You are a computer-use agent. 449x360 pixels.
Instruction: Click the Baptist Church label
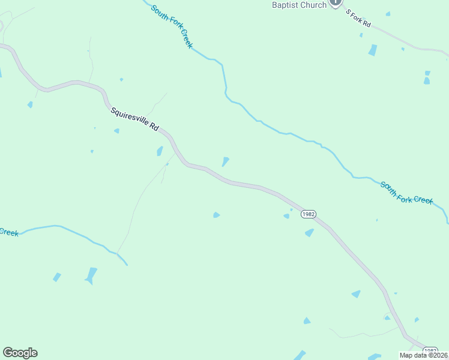coord(299,5)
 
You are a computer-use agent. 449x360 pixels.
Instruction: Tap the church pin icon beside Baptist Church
coord(336,2)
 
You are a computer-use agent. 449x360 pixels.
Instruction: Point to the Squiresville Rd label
coord(134,119)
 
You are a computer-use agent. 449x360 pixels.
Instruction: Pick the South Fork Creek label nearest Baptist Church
coord(172,26)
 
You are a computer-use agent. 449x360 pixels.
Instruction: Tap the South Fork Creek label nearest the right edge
coord(406,192)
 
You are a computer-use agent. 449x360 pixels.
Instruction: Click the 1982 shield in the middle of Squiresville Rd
coord(309,214)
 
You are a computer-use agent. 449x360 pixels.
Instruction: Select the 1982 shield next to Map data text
coord(430,350)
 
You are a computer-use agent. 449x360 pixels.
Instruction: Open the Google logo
coord(20,353)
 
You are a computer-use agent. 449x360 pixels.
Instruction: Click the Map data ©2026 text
coord(423,355)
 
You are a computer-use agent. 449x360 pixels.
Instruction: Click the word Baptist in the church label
coord(285,5)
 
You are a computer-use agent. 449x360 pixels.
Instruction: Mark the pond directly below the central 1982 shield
coord(309,233)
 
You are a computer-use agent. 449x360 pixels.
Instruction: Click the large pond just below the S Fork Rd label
coord(373,50)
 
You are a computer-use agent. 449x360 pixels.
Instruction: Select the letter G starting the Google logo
coord(8,353)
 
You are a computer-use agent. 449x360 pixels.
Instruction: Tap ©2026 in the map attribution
coord(436,355)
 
